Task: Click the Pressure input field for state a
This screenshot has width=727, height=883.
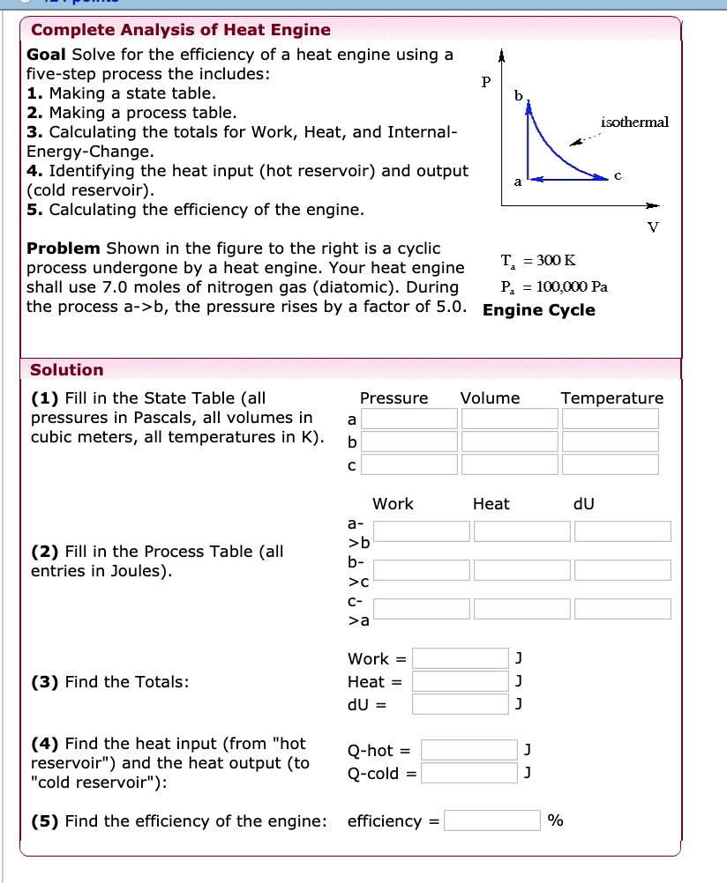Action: click(x=408, y=419)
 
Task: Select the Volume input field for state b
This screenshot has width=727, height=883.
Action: click(x=509, y=441)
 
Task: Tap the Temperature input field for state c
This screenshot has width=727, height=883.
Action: click(x=611, y=464)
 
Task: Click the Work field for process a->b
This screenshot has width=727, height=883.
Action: click(x=421, y=531)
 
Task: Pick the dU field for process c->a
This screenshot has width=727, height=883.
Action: click(x=622, y=609)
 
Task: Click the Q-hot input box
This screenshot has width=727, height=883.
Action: click(x=469, y=750)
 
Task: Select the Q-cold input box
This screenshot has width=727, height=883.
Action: click(x=469, y=773)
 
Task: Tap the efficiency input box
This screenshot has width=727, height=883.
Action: click(x=492, y=820)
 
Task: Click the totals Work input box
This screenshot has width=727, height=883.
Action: click(x=460, y=658)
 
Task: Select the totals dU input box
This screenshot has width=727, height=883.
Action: click(x=460, y=704)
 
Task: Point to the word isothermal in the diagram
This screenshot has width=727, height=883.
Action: click(x=634, y=122)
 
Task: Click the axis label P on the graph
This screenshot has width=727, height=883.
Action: click(x=485, y=82)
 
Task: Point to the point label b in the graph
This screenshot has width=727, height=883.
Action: click(x=518, y=94)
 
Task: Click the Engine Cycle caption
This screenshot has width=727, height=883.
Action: click(x=538, y=310)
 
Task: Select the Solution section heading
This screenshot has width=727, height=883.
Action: click(x=67, y=370)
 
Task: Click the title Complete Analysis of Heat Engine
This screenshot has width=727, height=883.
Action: click(x=181, y=30)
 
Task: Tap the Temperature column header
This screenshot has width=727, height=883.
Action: click(x=611, y=398)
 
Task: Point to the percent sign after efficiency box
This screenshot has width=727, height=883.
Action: click(x=555, y=821)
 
